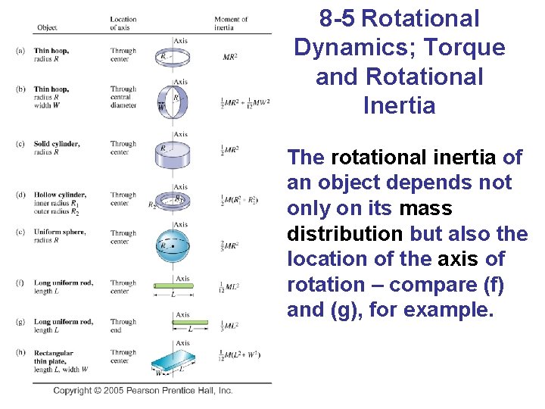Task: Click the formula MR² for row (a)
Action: pyautogui.click(x=231, y=57)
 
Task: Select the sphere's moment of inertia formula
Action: pyautogui.click(x=231, y=245)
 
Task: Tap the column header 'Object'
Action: pyautogui.click(x=47, y=28)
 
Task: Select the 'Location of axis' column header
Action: pyautogui.click(x=123, y=23)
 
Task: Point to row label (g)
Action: pyautogui.click(x=20, y=322)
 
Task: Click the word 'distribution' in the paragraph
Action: pyautogui.click(x=346, y=233)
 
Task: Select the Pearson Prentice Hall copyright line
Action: pyautogui.click(x=143, y=391)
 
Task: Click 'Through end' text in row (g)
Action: pyautogui.click(x=123, y=326)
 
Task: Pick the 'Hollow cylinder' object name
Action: pyautogui.click(x=60, y=195)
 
